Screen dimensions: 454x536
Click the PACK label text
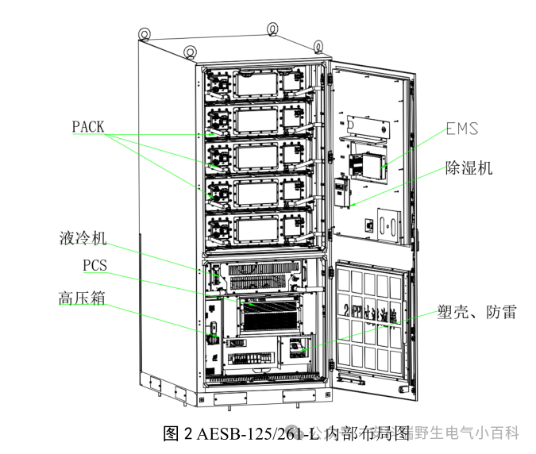(88, 126)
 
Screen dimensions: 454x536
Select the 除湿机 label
(469, 168)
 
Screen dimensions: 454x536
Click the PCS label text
(94, 264)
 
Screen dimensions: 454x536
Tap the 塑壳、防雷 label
(476, 312)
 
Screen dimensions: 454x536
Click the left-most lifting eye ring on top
(145, 33)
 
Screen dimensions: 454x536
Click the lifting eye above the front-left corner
(190, 52)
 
